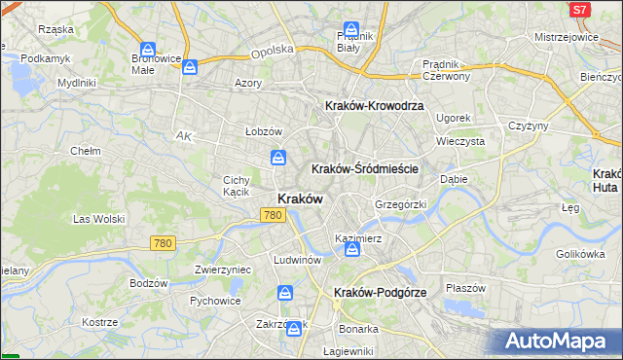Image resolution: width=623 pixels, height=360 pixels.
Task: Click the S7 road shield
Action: [580, 9]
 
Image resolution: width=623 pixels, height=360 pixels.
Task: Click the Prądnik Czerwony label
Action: [447, 69]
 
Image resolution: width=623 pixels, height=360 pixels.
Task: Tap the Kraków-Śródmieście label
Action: [364, 168]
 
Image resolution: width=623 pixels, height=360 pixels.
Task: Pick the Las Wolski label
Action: [99, 220]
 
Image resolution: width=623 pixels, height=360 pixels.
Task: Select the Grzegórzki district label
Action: [401, 205]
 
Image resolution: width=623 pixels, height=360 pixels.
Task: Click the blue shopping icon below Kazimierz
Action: [351, 251]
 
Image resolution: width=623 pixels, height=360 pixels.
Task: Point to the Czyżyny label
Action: [529, 126]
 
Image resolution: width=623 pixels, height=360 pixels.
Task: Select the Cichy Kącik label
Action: [238, 186]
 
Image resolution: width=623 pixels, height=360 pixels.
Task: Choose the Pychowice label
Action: [215, 301]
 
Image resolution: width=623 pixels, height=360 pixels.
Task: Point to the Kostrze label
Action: [99, 322]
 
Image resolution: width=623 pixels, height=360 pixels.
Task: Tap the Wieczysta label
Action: [460, 140]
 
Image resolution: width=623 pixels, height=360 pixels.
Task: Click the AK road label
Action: [183, 136]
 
